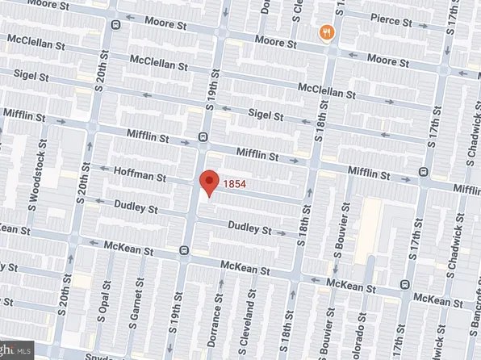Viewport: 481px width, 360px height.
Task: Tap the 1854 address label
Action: [234, 184]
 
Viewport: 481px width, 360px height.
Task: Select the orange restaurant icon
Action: [326, 33]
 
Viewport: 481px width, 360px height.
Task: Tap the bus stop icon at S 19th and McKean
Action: [185, 250]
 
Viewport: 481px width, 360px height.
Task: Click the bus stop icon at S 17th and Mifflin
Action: [425, 171]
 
